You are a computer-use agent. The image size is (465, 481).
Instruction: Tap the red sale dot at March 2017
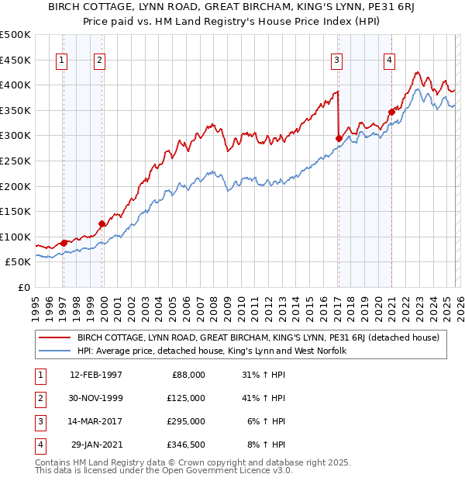(339, 139)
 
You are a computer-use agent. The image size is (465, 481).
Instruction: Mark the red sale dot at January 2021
(391, 112)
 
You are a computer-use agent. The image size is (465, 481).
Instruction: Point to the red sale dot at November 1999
(102, 224)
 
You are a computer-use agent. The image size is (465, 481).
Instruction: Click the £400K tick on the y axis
(16, 85)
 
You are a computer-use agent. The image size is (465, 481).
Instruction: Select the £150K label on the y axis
(16, 211)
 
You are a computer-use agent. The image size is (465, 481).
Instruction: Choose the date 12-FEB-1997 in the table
(96, 375)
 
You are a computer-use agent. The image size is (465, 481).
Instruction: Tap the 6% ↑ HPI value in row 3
(263, 421)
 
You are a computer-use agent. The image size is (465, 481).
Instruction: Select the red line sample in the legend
(54, 338)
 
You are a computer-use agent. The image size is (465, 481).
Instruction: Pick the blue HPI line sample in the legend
(54, 351)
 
